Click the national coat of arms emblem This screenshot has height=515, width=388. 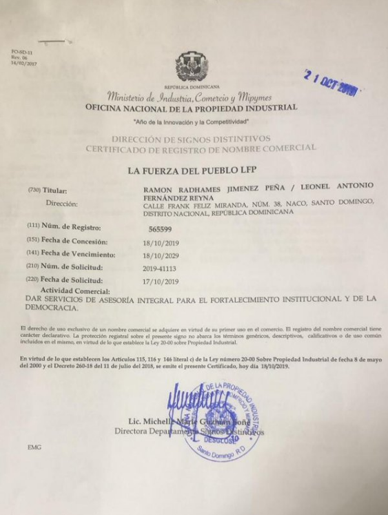click(x=192, y=67)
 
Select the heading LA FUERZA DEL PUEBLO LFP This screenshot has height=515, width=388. click(x=193, y=169)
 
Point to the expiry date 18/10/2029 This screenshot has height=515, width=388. click(x=161, y=255)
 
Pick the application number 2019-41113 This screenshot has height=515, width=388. click(x=163, y=268)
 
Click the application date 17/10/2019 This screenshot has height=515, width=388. click(x=161, y=282)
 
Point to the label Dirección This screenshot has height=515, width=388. click(x=61, y=204)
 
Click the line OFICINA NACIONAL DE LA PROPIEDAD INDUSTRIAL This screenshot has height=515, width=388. click(x=191, y=108)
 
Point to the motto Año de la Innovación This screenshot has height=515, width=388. click(x=191, y=122)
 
